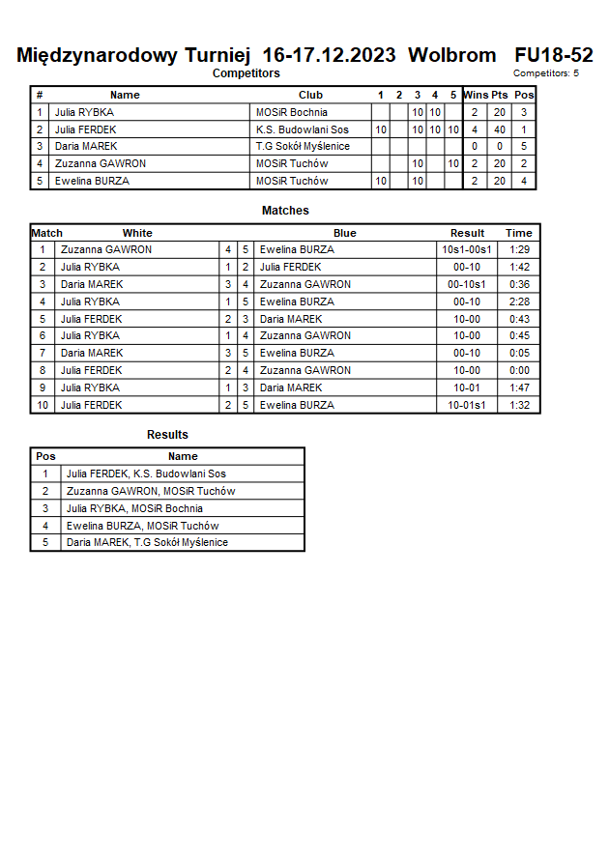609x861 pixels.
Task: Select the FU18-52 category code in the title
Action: coord(554,55)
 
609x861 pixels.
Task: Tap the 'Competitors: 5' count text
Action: coord(546,73)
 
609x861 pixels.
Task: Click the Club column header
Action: coord(310,95)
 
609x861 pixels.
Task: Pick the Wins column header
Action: coord(475,95)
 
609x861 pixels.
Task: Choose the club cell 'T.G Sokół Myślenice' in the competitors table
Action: coord(303,146)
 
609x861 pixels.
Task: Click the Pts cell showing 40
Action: coord(499,129)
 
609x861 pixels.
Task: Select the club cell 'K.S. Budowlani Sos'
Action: coord(302,129)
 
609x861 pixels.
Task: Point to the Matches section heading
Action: coord(285,211)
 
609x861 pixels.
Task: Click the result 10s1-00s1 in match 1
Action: coord(467,249)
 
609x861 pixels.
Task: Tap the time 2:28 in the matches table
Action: coord(519,301)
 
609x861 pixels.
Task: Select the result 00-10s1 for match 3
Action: coord(467,284)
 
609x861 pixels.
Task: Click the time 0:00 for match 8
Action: coord(519,370)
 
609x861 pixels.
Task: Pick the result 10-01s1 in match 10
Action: coord(467,405)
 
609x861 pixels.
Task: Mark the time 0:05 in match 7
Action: coord(519,353)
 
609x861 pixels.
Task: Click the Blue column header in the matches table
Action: coord(344,233)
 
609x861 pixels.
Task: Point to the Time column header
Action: coord(519,233)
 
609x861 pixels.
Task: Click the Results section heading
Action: coord(167,435)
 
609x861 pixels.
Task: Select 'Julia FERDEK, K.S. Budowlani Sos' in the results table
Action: coord(146,474)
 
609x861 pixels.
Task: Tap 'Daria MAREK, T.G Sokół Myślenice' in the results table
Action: coord(147,542)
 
